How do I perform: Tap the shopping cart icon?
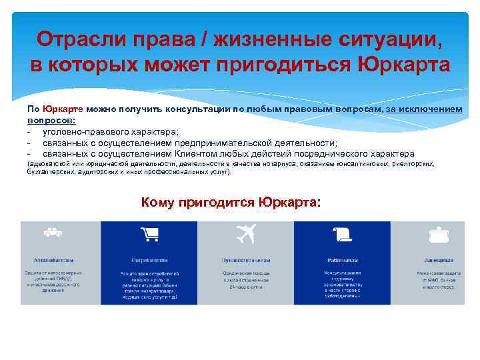tap(149, 233)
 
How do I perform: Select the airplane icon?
tap(245, 233)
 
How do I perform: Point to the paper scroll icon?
tap(343, 233)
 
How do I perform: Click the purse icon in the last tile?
tap(439, 233)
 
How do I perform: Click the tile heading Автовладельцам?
tap(53, 259)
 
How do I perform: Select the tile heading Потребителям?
tap(149, 259)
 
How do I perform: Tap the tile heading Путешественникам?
tap(245, 259)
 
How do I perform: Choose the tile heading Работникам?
tap(343, 259)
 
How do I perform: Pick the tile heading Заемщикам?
tap(439, 259)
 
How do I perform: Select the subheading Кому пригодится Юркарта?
tap(231, 202)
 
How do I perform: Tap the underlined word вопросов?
tap(51, 121)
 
